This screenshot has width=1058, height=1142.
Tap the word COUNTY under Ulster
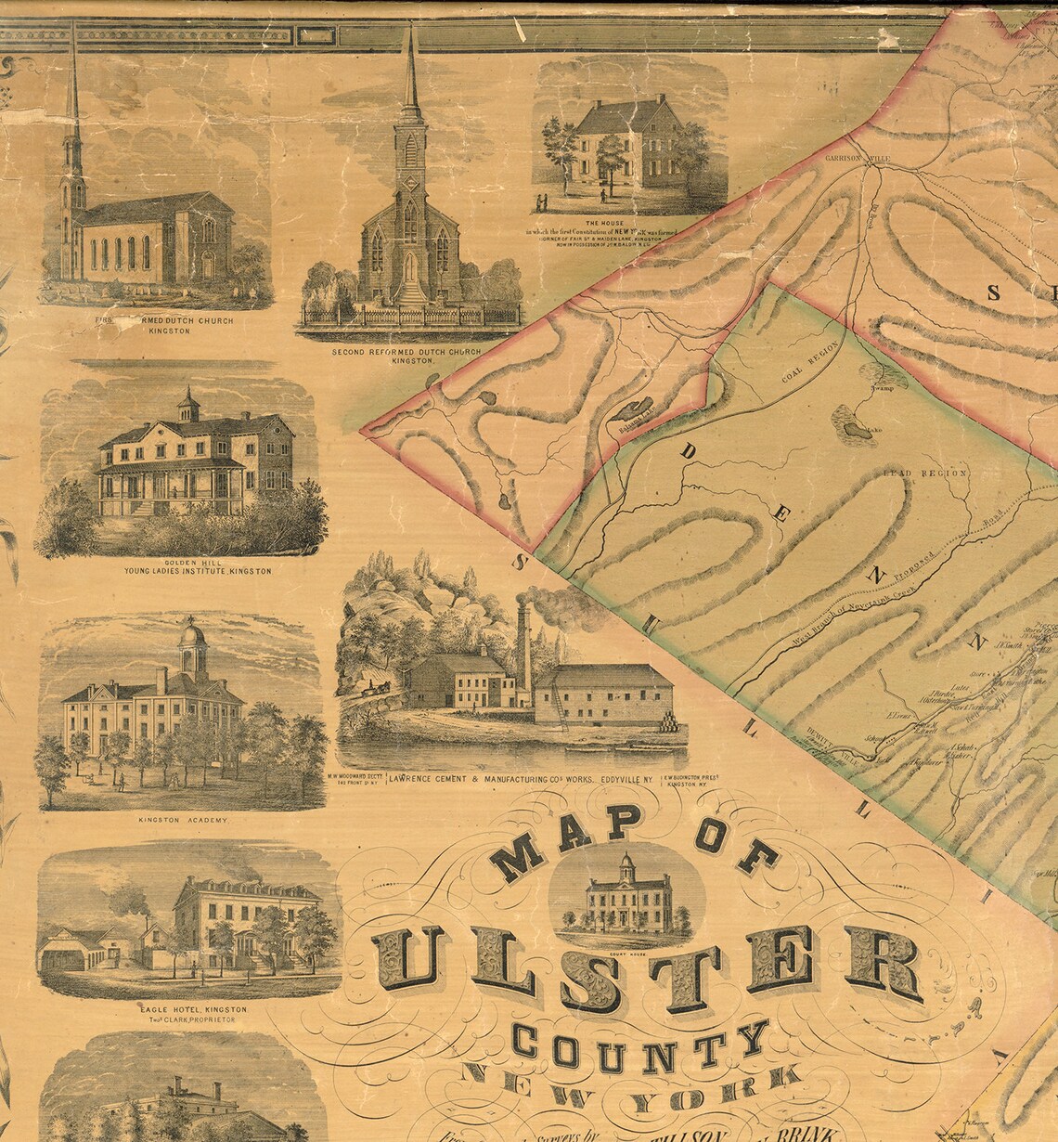(640, 1045)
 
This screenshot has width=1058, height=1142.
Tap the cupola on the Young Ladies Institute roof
(189, 402)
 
